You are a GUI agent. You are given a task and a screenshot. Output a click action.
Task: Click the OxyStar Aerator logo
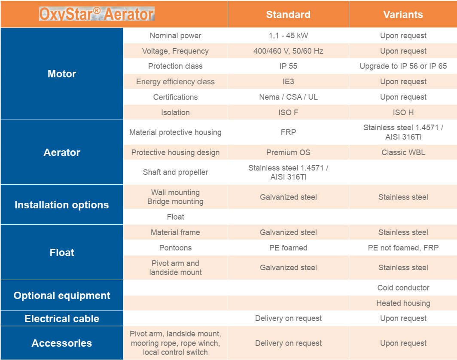tap(97, 14)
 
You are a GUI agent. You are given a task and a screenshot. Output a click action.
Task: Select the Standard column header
tap(288, 15)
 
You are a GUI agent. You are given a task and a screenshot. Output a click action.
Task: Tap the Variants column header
tap(403, 15)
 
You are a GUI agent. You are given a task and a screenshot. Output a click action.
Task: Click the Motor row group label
tap(62, 74)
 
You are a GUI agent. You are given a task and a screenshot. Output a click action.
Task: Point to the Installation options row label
tap(62, 205)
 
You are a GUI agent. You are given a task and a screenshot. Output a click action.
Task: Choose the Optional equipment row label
tap(62, 296)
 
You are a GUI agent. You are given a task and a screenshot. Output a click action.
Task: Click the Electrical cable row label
tap(62, 319)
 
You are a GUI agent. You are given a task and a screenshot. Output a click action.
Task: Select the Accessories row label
tap(62, 343)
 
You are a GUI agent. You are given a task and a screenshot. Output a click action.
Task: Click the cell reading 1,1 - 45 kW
tap(288, 36)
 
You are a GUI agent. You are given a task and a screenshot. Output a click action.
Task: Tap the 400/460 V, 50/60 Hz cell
tap(288, 51)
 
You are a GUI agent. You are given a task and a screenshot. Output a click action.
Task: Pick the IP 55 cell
tap(288, 66)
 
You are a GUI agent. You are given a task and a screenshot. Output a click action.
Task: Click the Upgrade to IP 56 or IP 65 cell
tap(403, 66)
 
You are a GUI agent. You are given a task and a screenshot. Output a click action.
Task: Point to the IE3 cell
tap(288, 82)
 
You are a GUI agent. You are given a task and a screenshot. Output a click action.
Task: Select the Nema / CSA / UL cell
tap(288, 97)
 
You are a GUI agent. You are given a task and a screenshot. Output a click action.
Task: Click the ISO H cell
tap(403, 113)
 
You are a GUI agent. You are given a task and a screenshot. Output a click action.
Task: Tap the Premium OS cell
tap(288, 153)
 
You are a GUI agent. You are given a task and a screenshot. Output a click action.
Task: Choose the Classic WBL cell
tap(403, 153)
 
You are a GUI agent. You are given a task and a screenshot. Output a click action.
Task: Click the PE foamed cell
tap(288, 248)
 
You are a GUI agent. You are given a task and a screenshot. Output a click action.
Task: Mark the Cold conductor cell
tap(403, 288)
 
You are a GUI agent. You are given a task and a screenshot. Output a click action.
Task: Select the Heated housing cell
tap(403, 303)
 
